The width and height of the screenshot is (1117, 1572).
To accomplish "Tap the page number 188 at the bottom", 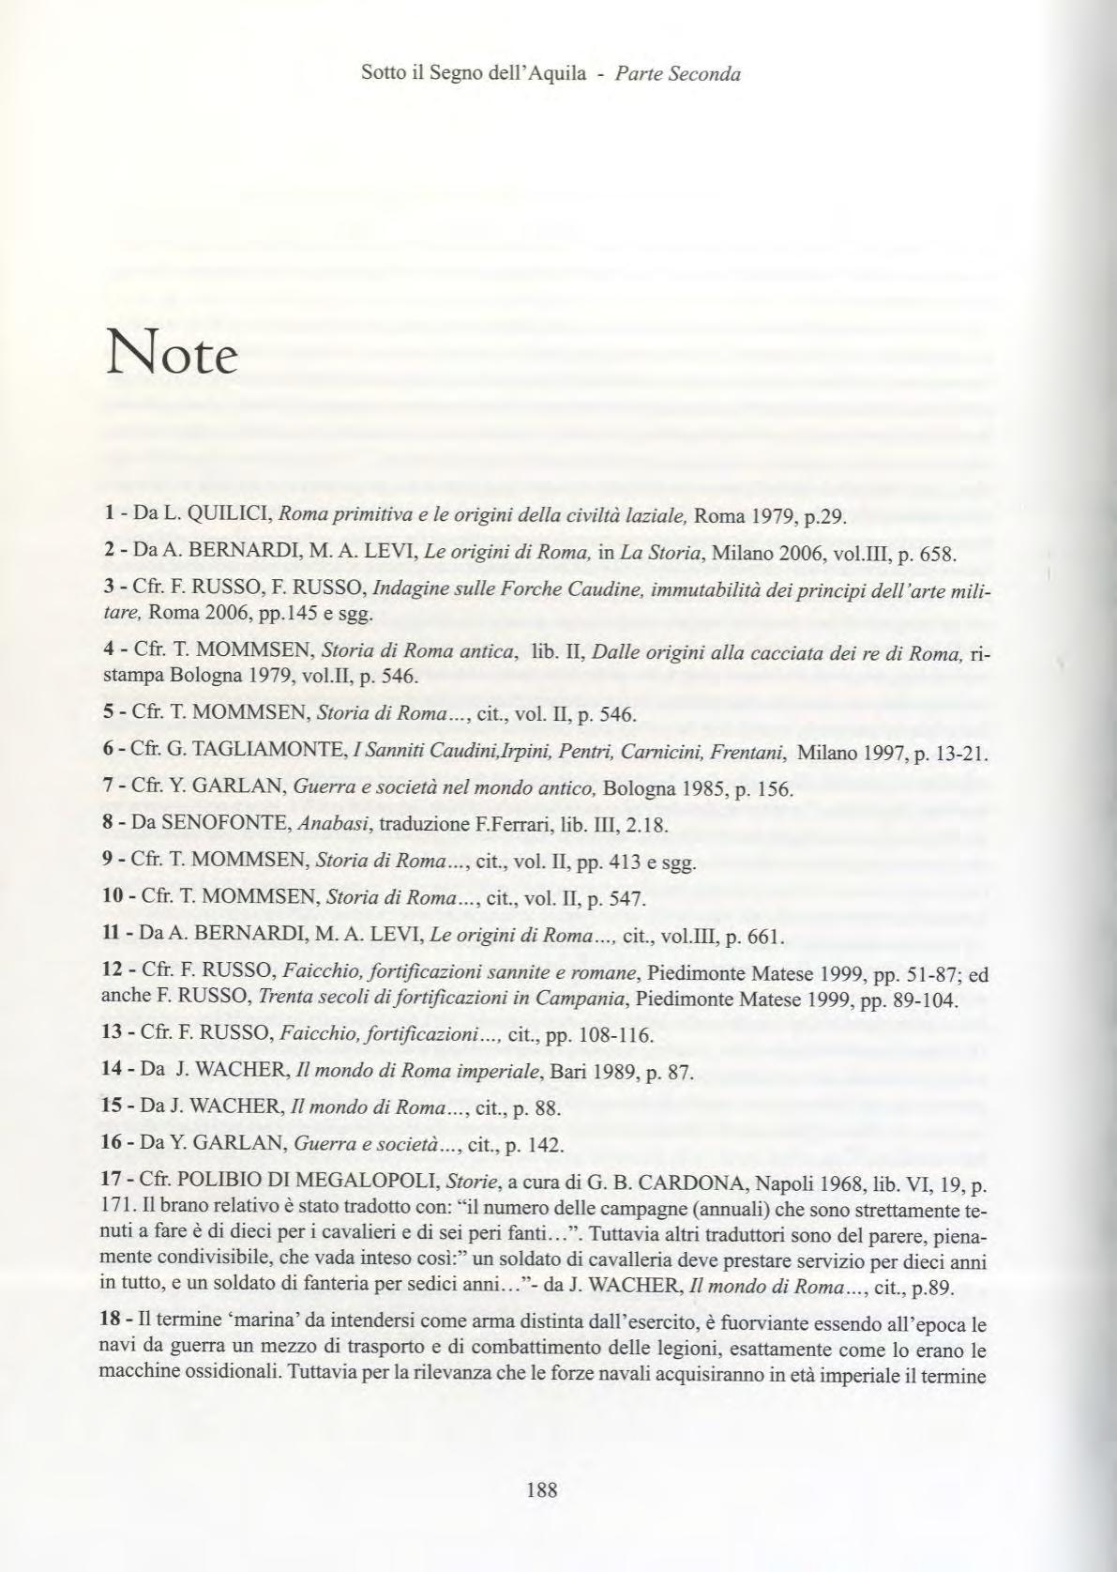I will pos(542,1489).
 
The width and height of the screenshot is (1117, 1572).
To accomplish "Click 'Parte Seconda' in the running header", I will pos(677,73).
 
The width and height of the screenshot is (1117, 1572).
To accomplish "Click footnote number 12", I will pos(113,975).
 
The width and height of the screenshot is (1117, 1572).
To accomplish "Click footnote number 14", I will pos(113,1072).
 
